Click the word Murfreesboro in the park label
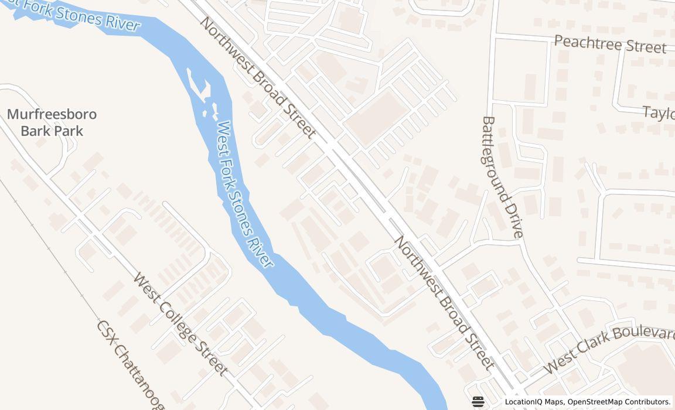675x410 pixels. coord(52,114)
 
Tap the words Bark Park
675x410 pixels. coord(52,130)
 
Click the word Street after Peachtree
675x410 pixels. coord(645,46)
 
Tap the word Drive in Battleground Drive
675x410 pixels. coord(514,220)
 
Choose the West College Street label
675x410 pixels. coord(180,323)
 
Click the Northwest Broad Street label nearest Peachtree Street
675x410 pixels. coord(258,77)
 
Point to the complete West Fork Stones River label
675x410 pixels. coord(244,194)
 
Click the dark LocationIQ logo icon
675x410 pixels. coord(478,401)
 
